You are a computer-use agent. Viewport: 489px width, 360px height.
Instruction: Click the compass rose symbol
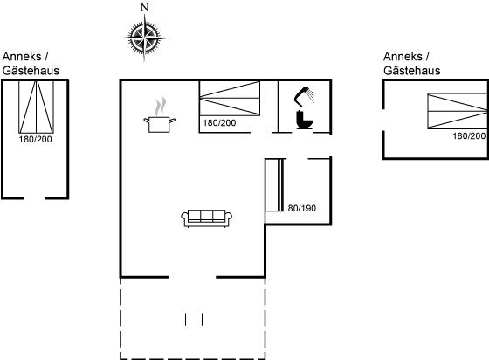(x=144, y=38)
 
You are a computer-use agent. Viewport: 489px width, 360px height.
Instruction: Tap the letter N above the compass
(x=144, y=8)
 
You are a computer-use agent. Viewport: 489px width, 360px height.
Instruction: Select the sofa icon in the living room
(x=207, y=218)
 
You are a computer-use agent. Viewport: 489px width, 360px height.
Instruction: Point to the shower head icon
(x=304, y=95)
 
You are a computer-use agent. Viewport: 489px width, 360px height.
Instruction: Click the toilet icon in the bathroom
(x=305, y=120)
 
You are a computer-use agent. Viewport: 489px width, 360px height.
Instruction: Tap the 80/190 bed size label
(x=302, y=208)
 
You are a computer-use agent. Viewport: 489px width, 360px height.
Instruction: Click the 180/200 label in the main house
(x=219, y=123)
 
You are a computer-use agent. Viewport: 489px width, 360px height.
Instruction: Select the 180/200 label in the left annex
(x=35, y=139)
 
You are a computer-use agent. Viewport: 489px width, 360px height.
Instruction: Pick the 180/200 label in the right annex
(x=469, y=136)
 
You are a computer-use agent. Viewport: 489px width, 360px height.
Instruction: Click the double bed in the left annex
(x=36, y=107)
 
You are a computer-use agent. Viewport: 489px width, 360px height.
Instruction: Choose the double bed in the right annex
(x=458, y=111)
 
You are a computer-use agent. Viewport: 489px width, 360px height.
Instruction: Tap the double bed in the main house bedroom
(x=230, y=99)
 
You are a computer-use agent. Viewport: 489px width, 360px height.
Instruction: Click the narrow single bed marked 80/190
(x=274, y=185)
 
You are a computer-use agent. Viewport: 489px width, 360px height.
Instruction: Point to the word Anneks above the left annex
(x=22, y=57)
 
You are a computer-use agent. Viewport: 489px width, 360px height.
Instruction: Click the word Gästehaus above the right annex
(x=412, y=71)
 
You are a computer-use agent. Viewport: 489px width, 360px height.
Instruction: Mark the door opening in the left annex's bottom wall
(x=35, y=198)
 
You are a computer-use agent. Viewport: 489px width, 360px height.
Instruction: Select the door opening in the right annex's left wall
(x=383, y=120)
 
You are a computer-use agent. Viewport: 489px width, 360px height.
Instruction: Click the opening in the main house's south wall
(x=192, y=277)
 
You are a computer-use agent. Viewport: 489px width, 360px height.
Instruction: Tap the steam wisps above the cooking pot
(x=161, y=106)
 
